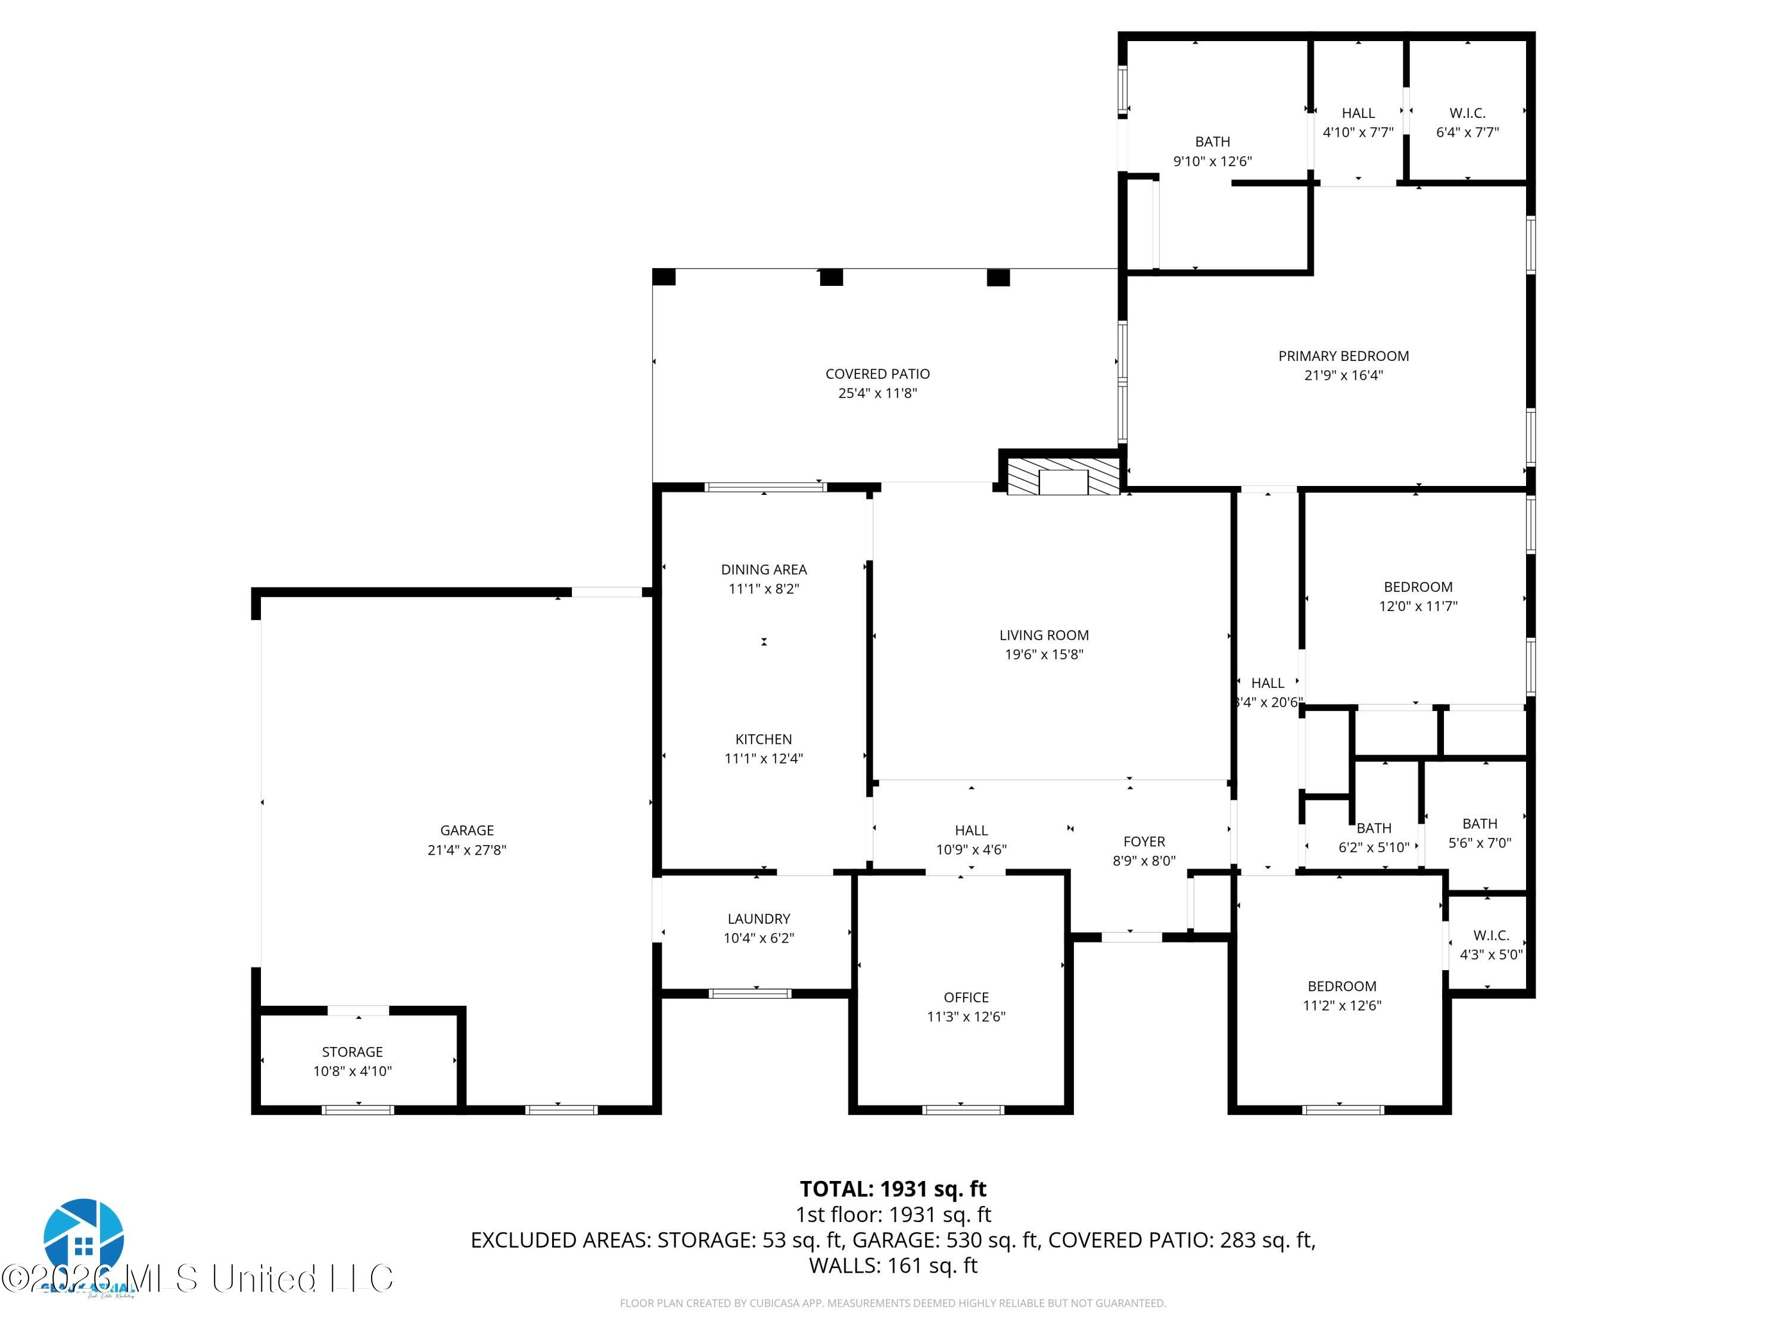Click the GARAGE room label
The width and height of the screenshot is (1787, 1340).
466,830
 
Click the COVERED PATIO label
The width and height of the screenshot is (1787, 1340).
877,374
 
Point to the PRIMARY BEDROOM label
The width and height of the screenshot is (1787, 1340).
1343,356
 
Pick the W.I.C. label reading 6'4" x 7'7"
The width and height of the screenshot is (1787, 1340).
1467,113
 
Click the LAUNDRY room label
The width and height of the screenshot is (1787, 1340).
759,918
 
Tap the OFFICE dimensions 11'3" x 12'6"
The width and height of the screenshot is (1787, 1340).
966,1017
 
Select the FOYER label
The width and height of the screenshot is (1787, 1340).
1144,842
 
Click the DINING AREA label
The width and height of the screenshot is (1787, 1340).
764,569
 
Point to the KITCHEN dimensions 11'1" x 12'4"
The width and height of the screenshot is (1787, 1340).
764,759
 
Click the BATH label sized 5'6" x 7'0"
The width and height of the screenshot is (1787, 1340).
1479,824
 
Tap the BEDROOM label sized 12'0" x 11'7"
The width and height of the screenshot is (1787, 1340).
1418,587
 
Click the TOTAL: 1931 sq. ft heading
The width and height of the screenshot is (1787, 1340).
893,1189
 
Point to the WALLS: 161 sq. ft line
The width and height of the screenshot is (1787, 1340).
893,1266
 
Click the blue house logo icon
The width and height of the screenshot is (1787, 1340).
84,1236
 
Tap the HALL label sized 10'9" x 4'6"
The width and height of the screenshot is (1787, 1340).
971,830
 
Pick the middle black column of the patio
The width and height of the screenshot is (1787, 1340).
832,277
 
